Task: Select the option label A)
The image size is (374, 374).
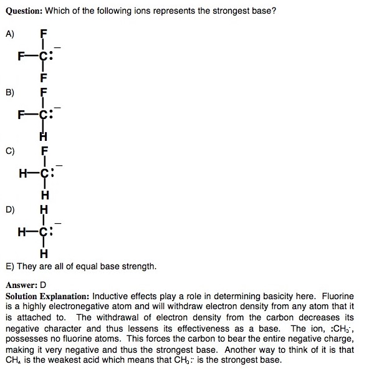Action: (x=9, y=35)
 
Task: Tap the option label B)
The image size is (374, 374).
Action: (x=9, y=92)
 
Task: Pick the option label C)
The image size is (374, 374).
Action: (x=9, y=150)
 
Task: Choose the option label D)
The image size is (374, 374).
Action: (x=9, y=209)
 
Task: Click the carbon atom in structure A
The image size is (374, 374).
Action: (x=42, y=55)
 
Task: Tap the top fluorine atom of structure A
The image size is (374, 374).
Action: (x=43, y=32)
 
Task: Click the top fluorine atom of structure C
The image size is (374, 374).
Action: (x=44, y=150)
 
